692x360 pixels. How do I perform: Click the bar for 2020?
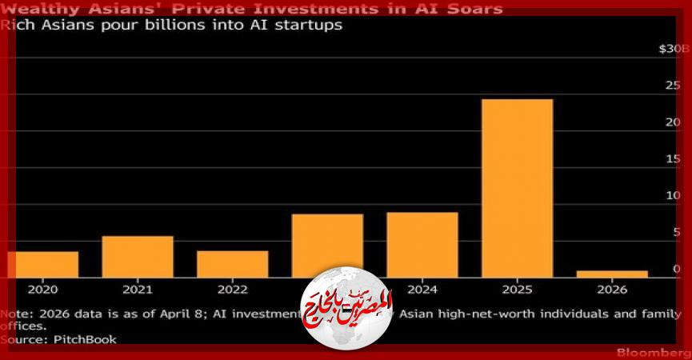(43, 264)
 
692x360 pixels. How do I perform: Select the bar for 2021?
(138, 256)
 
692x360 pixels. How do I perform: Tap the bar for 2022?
(233, 264)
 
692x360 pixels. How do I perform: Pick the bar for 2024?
(422, 244)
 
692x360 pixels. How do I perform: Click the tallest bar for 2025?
(517, 188)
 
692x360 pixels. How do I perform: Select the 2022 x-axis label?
(233, 290)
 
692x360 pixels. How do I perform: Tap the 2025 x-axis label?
(517, 290)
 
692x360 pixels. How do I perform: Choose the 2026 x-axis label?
(612, 290)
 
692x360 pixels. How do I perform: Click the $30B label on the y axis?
(673, 49)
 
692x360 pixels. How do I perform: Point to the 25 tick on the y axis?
(676, 85)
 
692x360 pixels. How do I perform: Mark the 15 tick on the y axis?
(676, 158)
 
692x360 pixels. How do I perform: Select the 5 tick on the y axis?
(678, 232)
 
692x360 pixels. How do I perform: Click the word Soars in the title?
(475, 9)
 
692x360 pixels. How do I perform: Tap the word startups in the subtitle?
(314, 25)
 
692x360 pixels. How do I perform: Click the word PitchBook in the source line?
(85, 339)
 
